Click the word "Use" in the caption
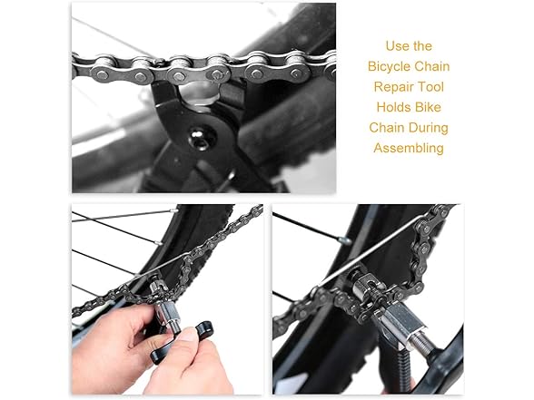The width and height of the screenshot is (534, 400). pos(395,46)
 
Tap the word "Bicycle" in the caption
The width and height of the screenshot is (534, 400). pos(389,66)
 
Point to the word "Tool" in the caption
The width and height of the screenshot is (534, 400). pos(431,87)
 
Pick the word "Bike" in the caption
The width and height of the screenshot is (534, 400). pos(428,107)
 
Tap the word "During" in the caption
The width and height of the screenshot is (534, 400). pos(429,128)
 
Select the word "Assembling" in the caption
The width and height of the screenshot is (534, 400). pos(409,149)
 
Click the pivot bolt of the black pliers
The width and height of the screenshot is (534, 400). pos(199,140)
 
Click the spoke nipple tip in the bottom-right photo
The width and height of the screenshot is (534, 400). pos(346,241)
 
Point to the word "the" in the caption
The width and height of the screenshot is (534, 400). pos(421,46)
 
